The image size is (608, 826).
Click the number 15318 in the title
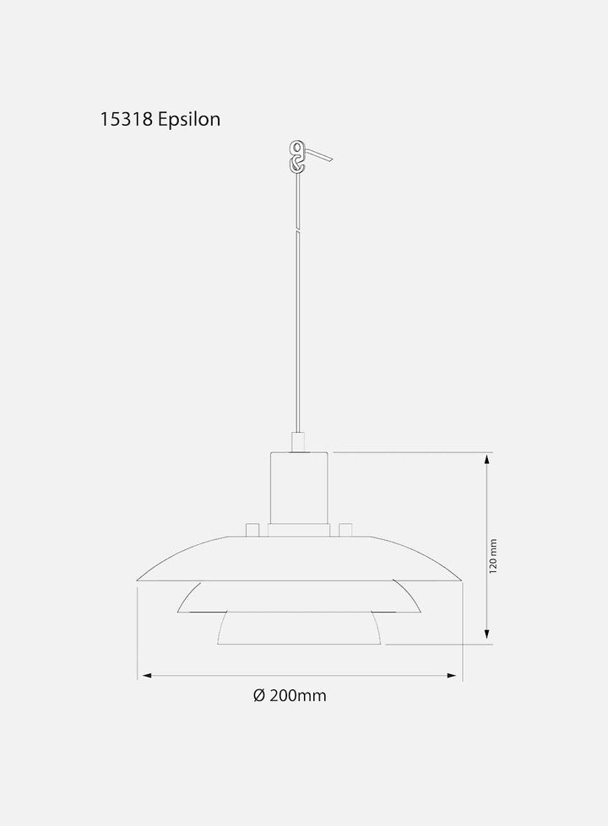tap(126, 119)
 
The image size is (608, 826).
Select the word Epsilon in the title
tap(189, 120)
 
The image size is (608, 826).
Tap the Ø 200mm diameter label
tap(290, 695)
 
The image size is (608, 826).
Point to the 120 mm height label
tap(493, 556)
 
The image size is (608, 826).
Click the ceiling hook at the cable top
tap(297, 156)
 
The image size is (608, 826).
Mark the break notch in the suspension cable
tap(298, 230)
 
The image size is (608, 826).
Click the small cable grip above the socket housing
tap(298, 442)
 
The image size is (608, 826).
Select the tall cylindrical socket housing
tap(299, 488)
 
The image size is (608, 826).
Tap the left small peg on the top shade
tap(252, 529)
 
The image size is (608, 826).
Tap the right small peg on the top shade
tap(345, 529)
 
